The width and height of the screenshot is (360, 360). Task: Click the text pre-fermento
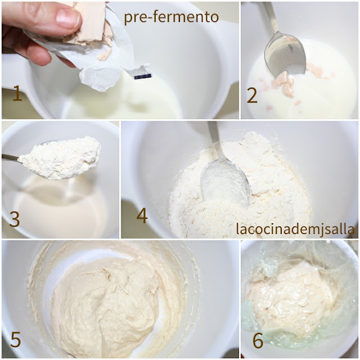click(171, 17)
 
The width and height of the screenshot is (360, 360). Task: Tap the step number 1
click(17, 93)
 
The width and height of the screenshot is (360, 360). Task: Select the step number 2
click(252, 96)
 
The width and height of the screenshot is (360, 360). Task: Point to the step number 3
click(15, 219)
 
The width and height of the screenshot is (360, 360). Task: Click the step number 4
click(142, 215)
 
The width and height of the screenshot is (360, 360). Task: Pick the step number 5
click(16, 339)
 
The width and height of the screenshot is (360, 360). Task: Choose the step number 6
click(258, 341)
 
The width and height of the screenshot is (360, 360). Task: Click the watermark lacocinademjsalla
click(295, 229)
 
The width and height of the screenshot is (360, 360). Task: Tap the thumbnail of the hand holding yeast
click(120, 60)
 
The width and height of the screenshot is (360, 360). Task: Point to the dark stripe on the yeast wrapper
click(143, 76)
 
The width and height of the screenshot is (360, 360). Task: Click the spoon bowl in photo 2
click(285, 55)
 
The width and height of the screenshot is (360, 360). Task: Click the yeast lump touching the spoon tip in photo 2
click(284, 83)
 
